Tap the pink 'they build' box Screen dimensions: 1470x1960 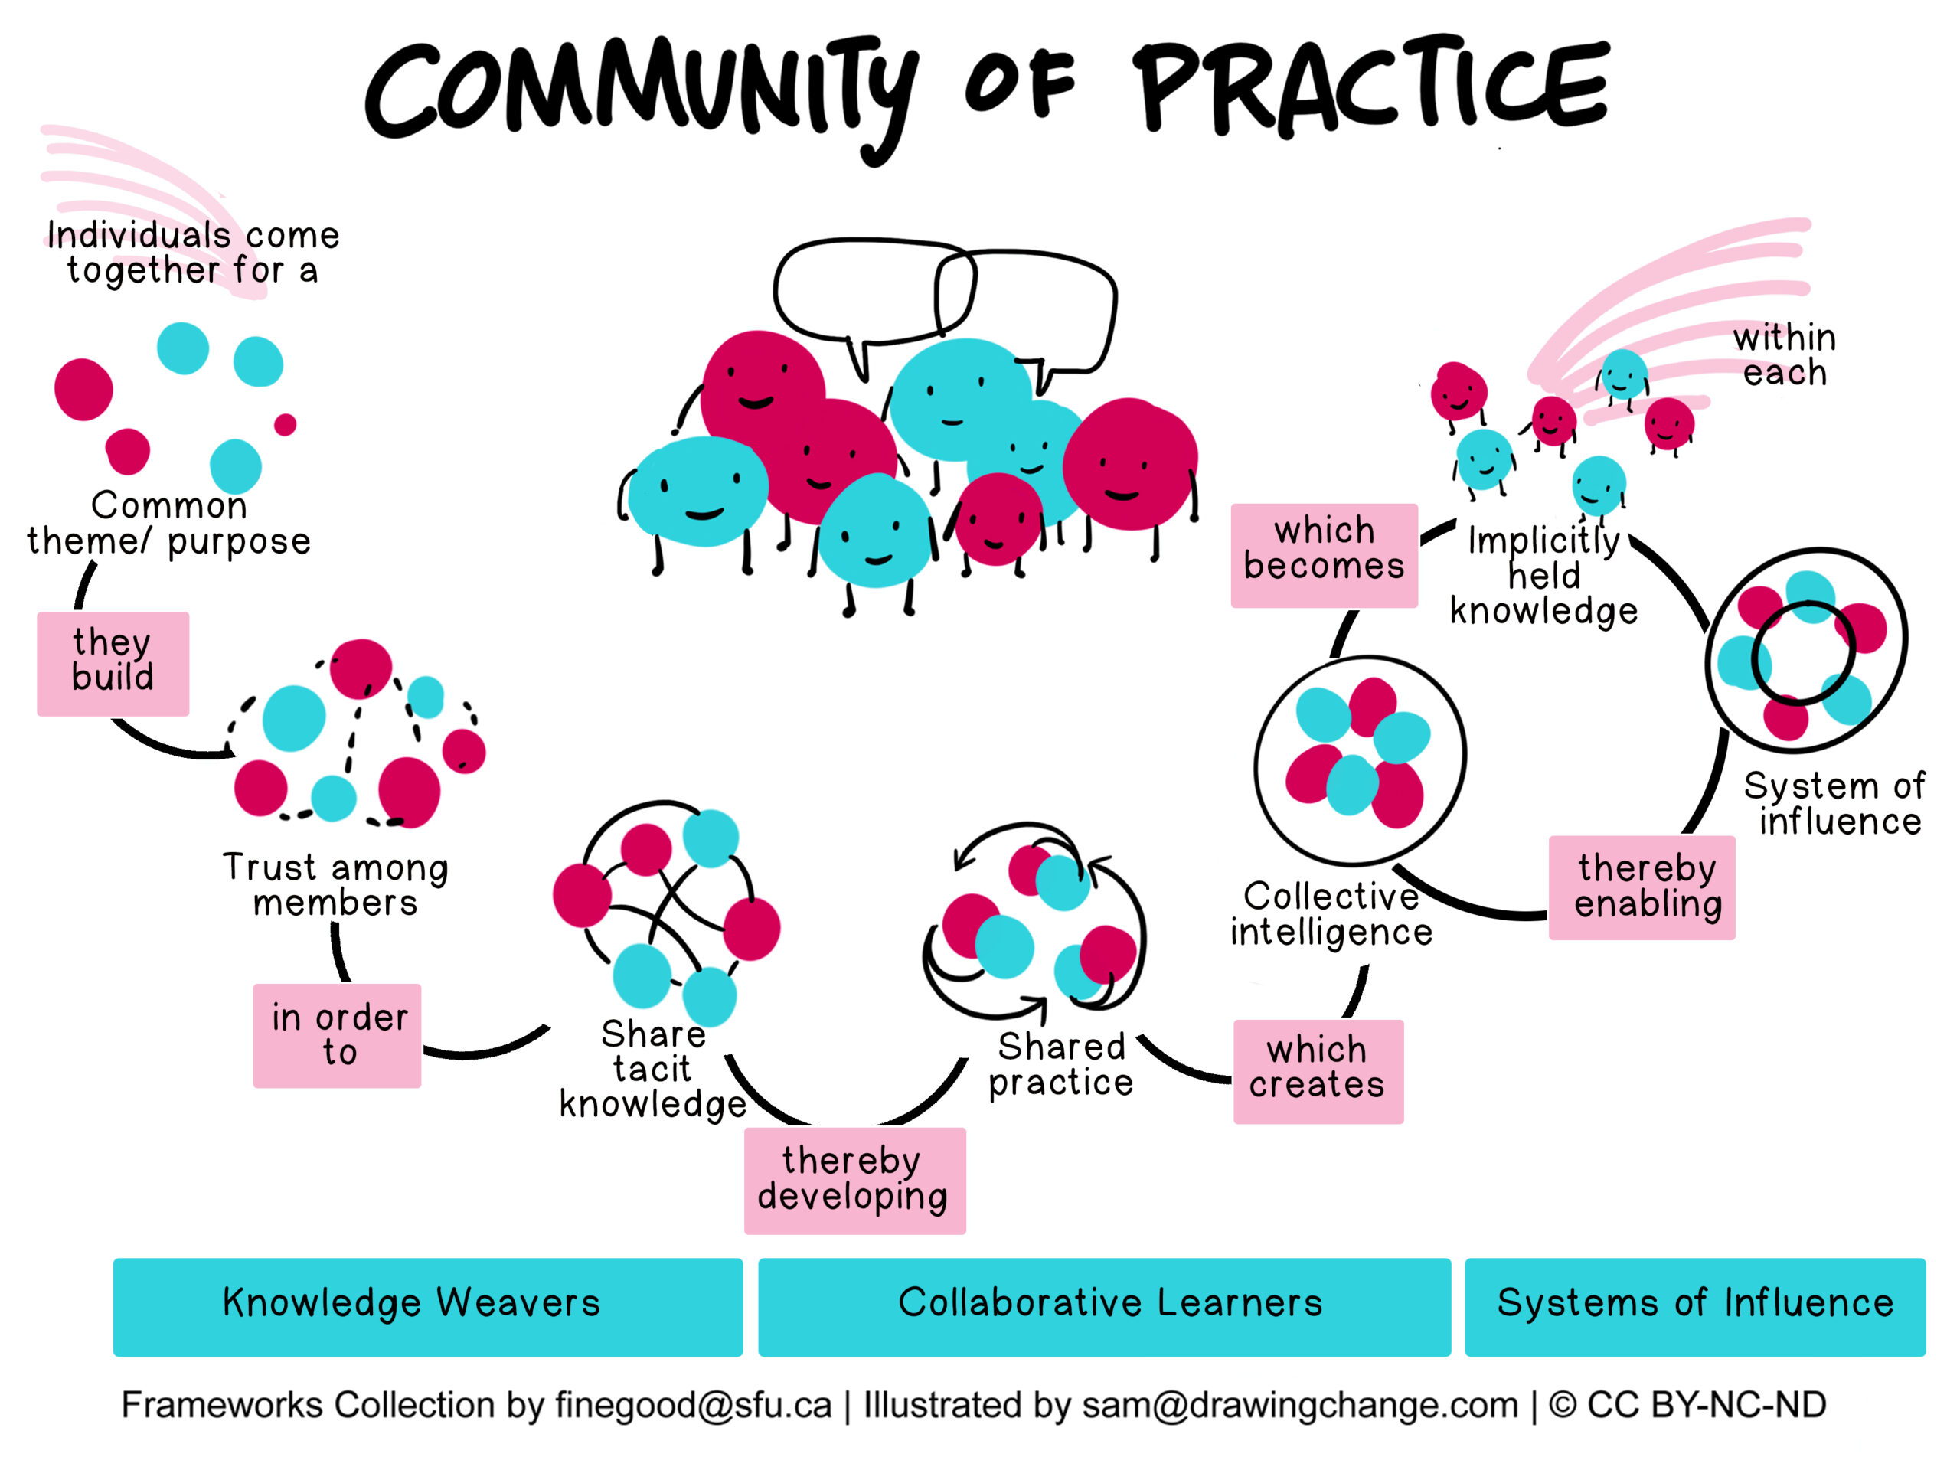[113, 663]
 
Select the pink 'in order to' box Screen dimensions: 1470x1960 [338, 1035]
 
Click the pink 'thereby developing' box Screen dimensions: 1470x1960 [854, 1179]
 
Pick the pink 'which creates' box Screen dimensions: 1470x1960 [1318, 1070]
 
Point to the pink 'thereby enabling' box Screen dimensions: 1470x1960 [1641, 887]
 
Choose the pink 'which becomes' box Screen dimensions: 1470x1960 [1324, 554]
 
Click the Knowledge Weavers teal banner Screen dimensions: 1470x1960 [428, 1306]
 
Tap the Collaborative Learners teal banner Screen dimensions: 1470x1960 [1104, 1306]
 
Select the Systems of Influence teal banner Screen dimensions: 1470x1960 [1694, 1306]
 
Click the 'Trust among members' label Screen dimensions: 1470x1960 [335, 884]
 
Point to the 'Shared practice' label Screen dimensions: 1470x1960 [1060, 1064]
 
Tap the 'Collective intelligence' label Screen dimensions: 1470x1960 [1331, 913]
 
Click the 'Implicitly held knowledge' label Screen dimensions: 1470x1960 [1543, 575]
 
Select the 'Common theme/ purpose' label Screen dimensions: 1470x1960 [168, 524]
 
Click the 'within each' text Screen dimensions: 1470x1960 [1784, 354]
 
